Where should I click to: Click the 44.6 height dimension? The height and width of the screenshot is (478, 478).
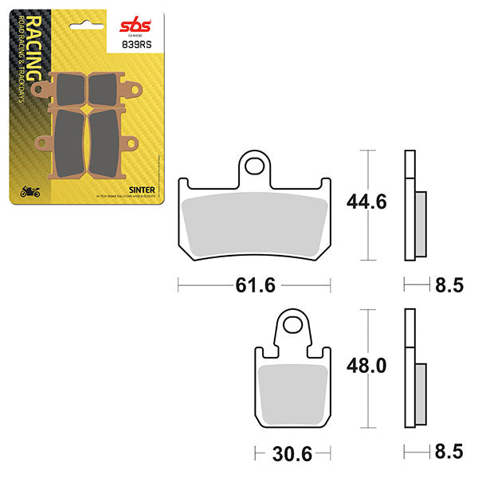click(366, 202)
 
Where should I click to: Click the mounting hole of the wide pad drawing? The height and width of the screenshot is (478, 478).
click(255, 165)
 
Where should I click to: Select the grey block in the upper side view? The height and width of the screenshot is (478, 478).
click(421, 224)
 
